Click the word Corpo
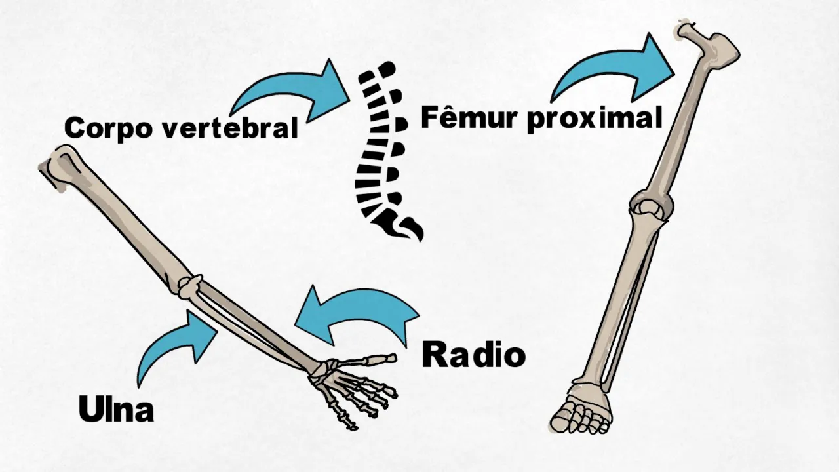point(106,127)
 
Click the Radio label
point(473,355)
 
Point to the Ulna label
point(116,409)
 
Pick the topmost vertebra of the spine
point(387,68)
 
